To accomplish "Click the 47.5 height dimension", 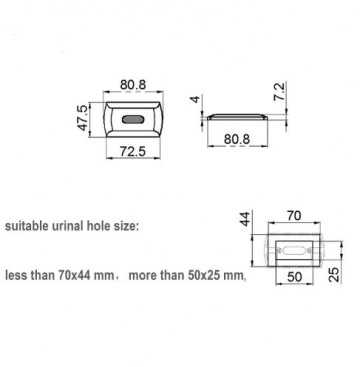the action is tap(84, 117).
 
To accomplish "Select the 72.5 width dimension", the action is tap(133, 151).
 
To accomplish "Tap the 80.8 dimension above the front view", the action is tap(133, 85).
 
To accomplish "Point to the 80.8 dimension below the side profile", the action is tap(237, 139).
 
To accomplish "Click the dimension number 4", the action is tap(195, 99).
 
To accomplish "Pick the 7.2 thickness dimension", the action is tap(280, 91).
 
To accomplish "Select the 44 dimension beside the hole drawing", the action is tap(245, 219).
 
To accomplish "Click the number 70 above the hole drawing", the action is tap(294, 216).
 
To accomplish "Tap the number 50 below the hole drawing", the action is tap(294, 277).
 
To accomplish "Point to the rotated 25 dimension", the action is tap(334, 274).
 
